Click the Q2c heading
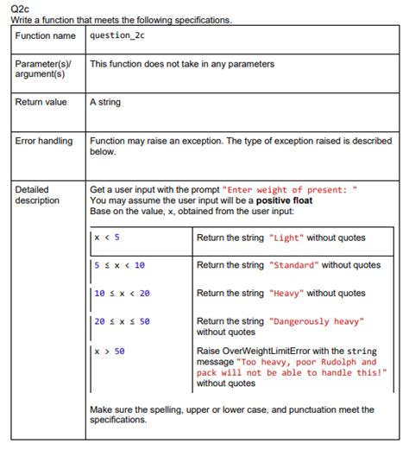20,7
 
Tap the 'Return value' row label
41,103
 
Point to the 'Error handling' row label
44,141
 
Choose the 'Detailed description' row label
37,195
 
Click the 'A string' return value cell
105,103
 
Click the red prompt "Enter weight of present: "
289,190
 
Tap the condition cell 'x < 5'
107,238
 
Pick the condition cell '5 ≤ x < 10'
119,265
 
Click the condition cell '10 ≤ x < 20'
122,294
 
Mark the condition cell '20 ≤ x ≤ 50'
122,321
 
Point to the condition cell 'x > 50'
110,352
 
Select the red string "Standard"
294,265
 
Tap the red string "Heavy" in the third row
286,294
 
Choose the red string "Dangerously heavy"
317,321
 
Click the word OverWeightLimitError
269,352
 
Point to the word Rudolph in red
339,362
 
